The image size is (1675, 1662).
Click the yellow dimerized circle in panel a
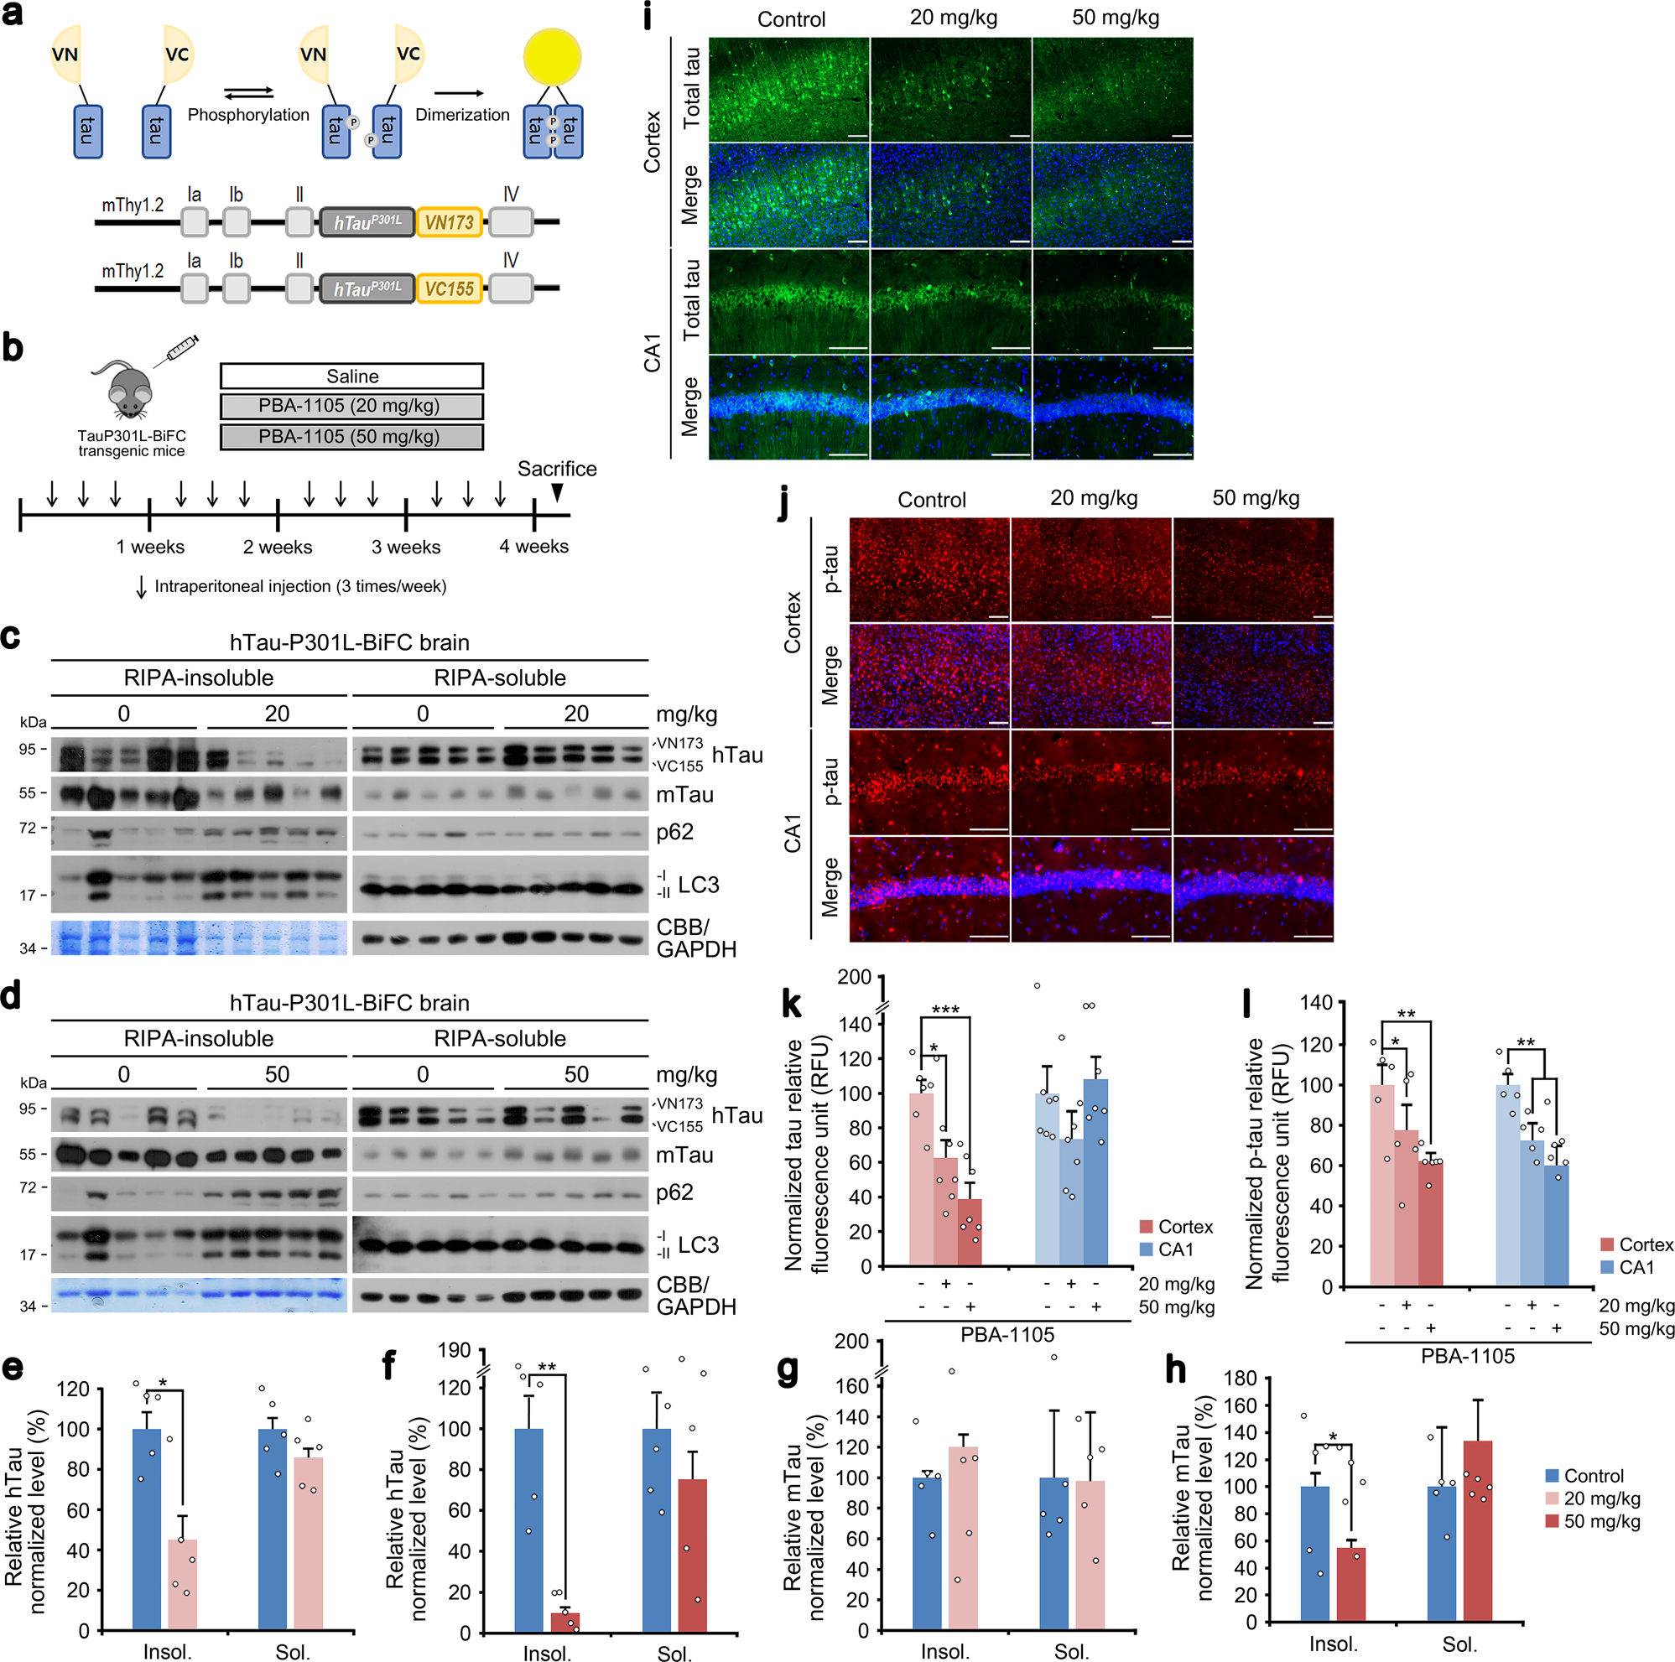(x=551, y=57)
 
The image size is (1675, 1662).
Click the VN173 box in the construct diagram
(x=448, y=223)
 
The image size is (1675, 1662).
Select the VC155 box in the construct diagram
(x=448, y=288)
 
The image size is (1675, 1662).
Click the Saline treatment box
(x=351, y=377)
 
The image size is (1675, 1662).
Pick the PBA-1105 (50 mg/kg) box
(x=351, y=436)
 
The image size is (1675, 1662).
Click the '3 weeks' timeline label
(x=406, y=547)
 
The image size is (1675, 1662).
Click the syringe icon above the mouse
(x=180, y=349)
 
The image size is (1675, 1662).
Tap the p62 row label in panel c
(x=674, y=833)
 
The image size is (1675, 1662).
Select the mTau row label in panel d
(x=684, y=1155)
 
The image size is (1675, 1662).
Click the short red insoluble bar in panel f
(x=564, y=1622)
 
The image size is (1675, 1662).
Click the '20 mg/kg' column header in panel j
(x=1093, y=498)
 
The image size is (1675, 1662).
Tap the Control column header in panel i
(x=791, y=19)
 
